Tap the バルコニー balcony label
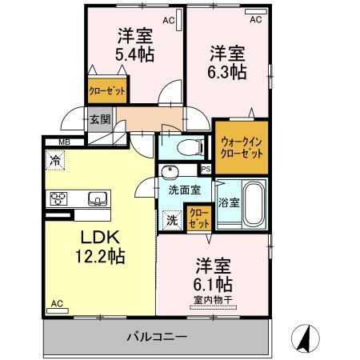tap(156, 335)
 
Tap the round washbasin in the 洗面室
tap(169, 173)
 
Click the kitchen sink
tap(96, 198)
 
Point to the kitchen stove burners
tap(61, 198)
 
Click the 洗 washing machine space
tap(171, 218)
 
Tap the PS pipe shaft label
tap(205, 168)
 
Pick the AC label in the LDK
tap(56, 303)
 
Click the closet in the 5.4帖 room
tap(107, 90)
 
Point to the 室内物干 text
tap(210, 300)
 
